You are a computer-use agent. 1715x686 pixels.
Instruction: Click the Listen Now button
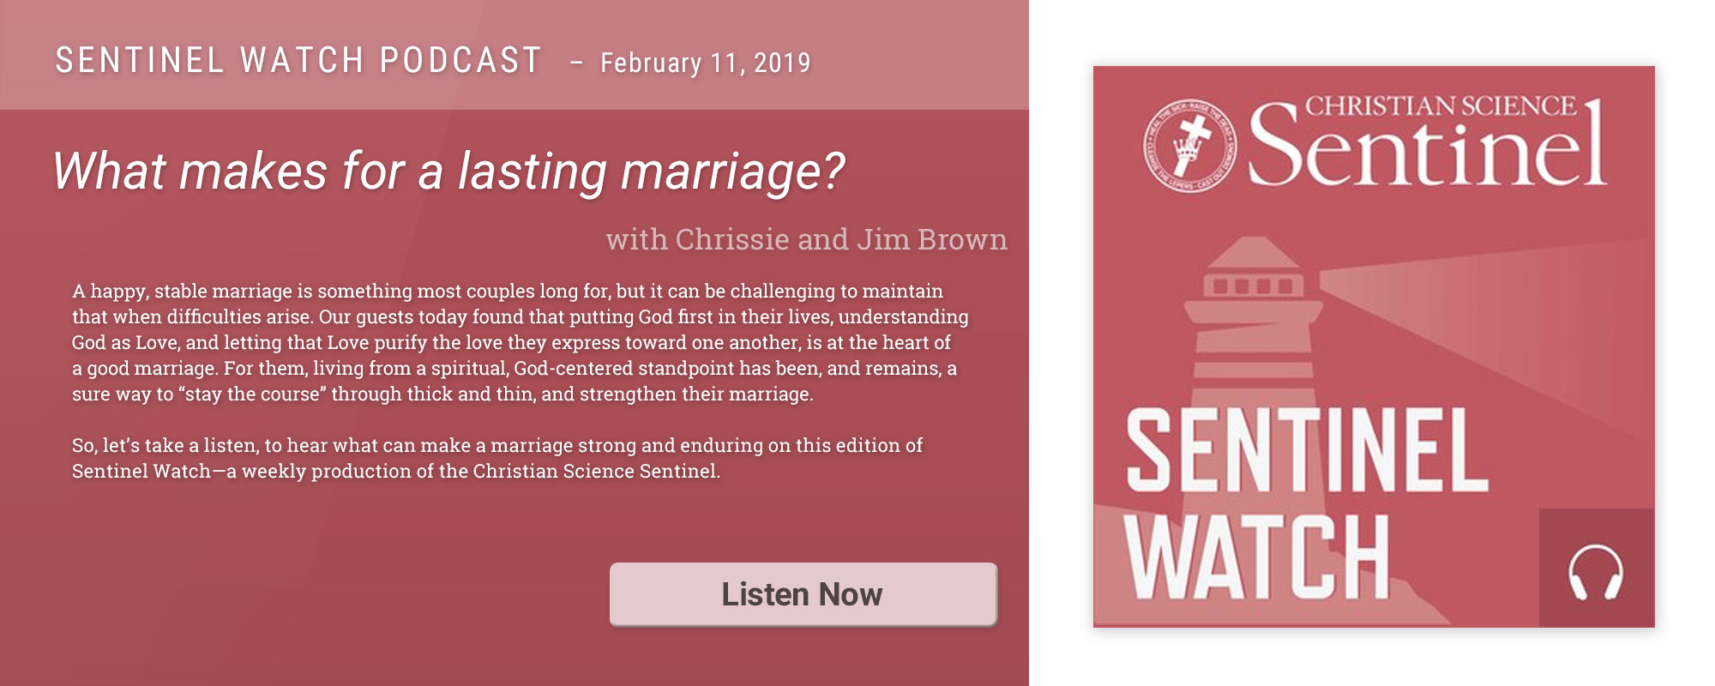tap(803, 594)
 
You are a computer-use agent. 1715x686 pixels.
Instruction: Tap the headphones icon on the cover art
tap(1595, 573)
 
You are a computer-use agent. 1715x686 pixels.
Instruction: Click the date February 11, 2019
tap(705, 63)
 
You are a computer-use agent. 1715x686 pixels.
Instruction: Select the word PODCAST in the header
tap(460, 60)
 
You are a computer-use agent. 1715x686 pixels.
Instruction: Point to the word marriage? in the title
tap(732, 172)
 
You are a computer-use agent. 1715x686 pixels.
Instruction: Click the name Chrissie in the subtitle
tap(731, 239)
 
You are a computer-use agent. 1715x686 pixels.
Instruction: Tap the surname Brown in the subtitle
tap(962, 239)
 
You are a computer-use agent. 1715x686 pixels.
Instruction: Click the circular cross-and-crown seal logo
tap(1189, 145)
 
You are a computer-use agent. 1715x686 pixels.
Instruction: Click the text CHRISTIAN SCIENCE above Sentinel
tap(1441, 105)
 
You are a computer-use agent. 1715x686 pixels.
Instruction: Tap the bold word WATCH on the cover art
tap(1257, 557)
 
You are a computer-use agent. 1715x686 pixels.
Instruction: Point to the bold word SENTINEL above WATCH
tap(1307, 449)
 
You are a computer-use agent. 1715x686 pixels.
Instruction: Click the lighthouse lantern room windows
tap(1253, 285)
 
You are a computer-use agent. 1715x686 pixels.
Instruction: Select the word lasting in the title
tap(532, 172)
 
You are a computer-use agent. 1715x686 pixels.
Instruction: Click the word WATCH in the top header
tap(302, 60)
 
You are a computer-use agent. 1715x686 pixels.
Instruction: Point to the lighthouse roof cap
tap(1255, 253)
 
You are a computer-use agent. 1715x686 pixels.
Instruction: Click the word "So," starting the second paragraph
tap(84, 446)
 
